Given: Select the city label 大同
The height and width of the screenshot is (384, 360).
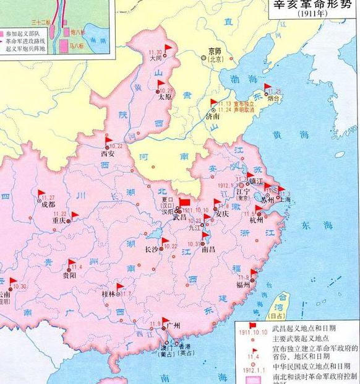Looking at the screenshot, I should click(x=156, y=59).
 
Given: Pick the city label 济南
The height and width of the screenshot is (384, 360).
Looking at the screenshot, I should click(x=212, y=115).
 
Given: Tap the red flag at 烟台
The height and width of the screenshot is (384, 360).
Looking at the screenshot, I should click(x=268, y=87).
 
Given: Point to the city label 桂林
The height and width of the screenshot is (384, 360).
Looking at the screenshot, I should click(x=109, y=295).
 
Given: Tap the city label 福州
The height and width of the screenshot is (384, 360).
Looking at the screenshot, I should click(x=244, y=285).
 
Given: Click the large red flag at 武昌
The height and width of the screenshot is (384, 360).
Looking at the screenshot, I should click(x=185, y=203).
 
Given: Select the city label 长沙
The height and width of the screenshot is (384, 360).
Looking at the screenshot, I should click(x=152, y=249).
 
